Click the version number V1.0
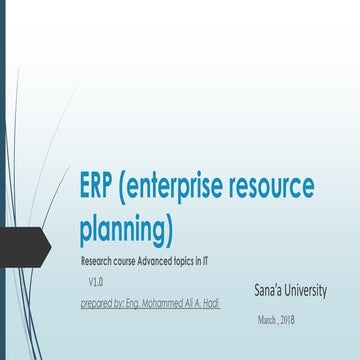coord(97,282)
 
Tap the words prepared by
coord(103,301)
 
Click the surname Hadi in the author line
coord(212,301)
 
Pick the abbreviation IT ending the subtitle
coord(219,261)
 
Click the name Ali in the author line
coord(192,301)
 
